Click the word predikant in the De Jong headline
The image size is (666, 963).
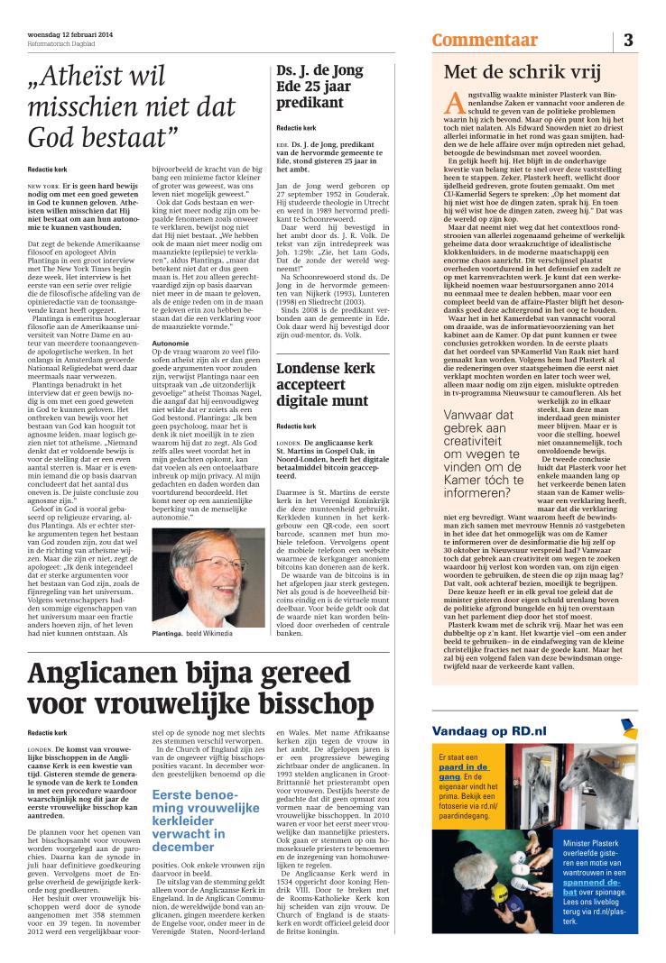click(310, 103)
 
